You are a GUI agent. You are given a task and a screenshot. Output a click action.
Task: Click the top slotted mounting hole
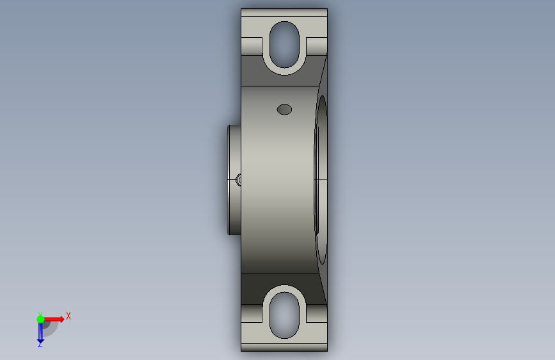pyautogui.click(x=284, y=45)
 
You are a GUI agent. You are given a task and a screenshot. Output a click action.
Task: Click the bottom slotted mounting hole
pyautogui.click(x=284, y=315)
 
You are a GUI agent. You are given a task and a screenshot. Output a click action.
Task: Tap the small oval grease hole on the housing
pyautogui.click(x=284, y=110)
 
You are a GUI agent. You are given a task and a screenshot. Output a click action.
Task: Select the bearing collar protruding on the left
pyautogui.click(x=234, y=179)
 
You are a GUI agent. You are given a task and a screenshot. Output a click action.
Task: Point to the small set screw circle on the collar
pyautogui.click(x=239, y=179)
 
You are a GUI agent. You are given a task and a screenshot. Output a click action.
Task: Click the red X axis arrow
pyautogui.click(x=54, y=319)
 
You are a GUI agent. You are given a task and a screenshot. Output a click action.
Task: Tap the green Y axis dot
pyautogui.click(x=40, y=319)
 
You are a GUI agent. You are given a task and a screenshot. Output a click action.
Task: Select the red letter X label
pyautogui.click(x=68, y=316)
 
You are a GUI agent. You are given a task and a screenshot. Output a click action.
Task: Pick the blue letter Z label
pyautogui.click(x=40, y=345)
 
